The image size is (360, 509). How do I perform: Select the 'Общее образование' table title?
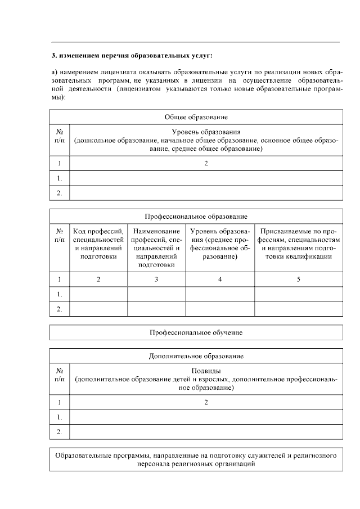[x=196, y=117]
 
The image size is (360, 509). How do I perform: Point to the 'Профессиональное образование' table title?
[x=196, y=216]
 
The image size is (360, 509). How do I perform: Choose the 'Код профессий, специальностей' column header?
[x=98, y=244]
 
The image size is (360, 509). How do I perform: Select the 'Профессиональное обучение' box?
[x=196, y=332]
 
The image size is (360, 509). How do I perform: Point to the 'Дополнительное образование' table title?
[x=196, y=356]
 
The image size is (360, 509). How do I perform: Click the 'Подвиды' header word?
[x=206, y=371]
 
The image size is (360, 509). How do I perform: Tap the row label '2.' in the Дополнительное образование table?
[x=60, y=431]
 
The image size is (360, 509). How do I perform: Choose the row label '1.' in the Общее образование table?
[x=60, y=178]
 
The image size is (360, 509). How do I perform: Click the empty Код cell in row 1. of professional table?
[x=98, y=294]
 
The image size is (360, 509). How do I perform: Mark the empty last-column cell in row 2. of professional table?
[x=298, y=309]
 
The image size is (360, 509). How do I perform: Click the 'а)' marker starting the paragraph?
[x=55, y=73]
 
